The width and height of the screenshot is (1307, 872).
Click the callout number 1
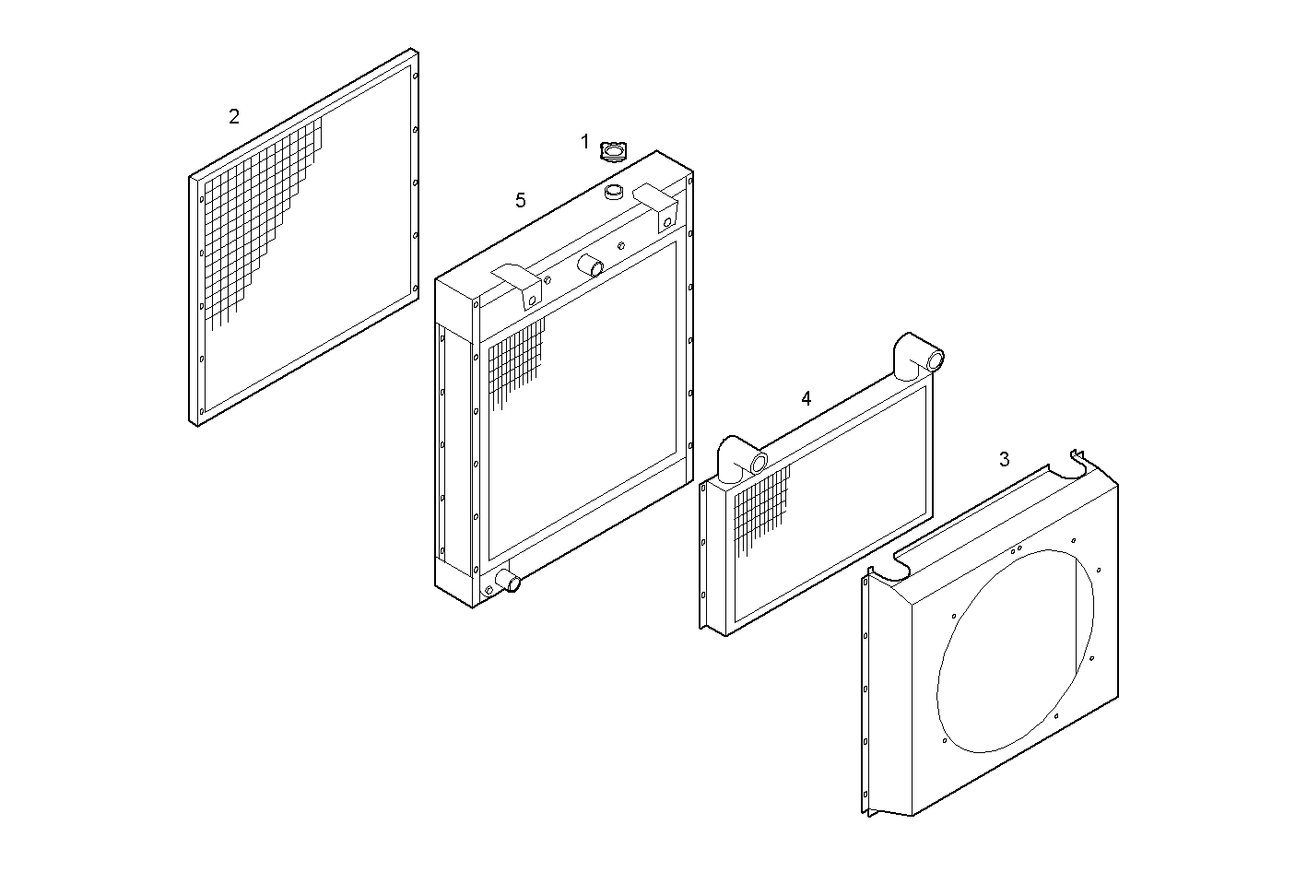coord(584,142)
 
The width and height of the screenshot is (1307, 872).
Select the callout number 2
coord(234,117)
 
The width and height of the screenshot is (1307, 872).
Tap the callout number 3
coord(1004,459)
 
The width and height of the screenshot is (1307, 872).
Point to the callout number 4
coord(807,399)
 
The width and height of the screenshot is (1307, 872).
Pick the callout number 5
coord(521,200)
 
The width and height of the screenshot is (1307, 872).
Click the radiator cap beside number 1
coord(613,150)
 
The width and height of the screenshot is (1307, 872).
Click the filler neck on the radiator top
coord(615,192)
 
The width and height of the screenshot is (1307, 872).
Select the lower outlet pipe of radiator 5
coord(508,582)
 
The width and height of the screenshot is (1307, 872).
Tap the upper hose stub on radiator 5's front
coord(590,267)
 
